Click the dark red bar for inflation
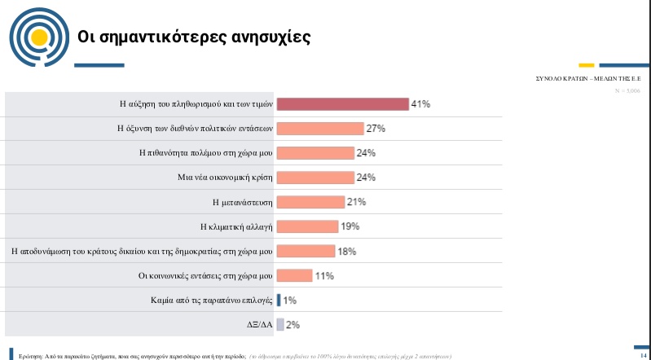(x=342, y=104)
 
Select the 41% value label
(x=420, y=104)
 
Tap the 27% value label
(x=376, y=129)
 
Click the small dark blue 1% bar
(x=279, y=300)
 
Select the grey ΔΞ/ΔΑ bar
(x=280, y=324)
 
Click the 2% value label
(x=293, y=324)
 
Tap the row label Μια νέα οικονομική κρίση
(x=224, y=178)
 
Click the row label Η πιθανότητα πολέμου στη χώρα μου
(x=206, y=153)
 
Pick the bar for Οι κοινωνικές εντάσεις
(x=295, y=275)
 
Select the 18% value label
(x=347, y=251)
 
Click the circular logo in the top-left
(x=35, y=36)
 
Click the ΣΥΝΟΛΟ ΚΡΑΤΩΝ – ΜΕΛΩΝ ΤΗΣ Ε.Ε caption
(x=588, y=80)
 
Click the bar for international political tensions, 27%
(x=320, y=129)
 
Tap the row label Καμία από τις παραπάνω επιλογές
(x=212, y=300)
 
